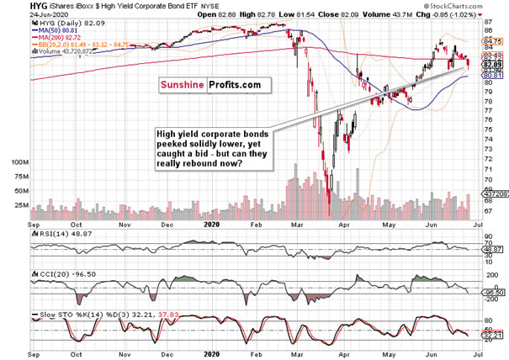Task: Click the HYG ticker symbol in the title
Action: (x=39, y=7)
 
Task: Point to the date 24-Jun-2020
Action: (x=49, y=16)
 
